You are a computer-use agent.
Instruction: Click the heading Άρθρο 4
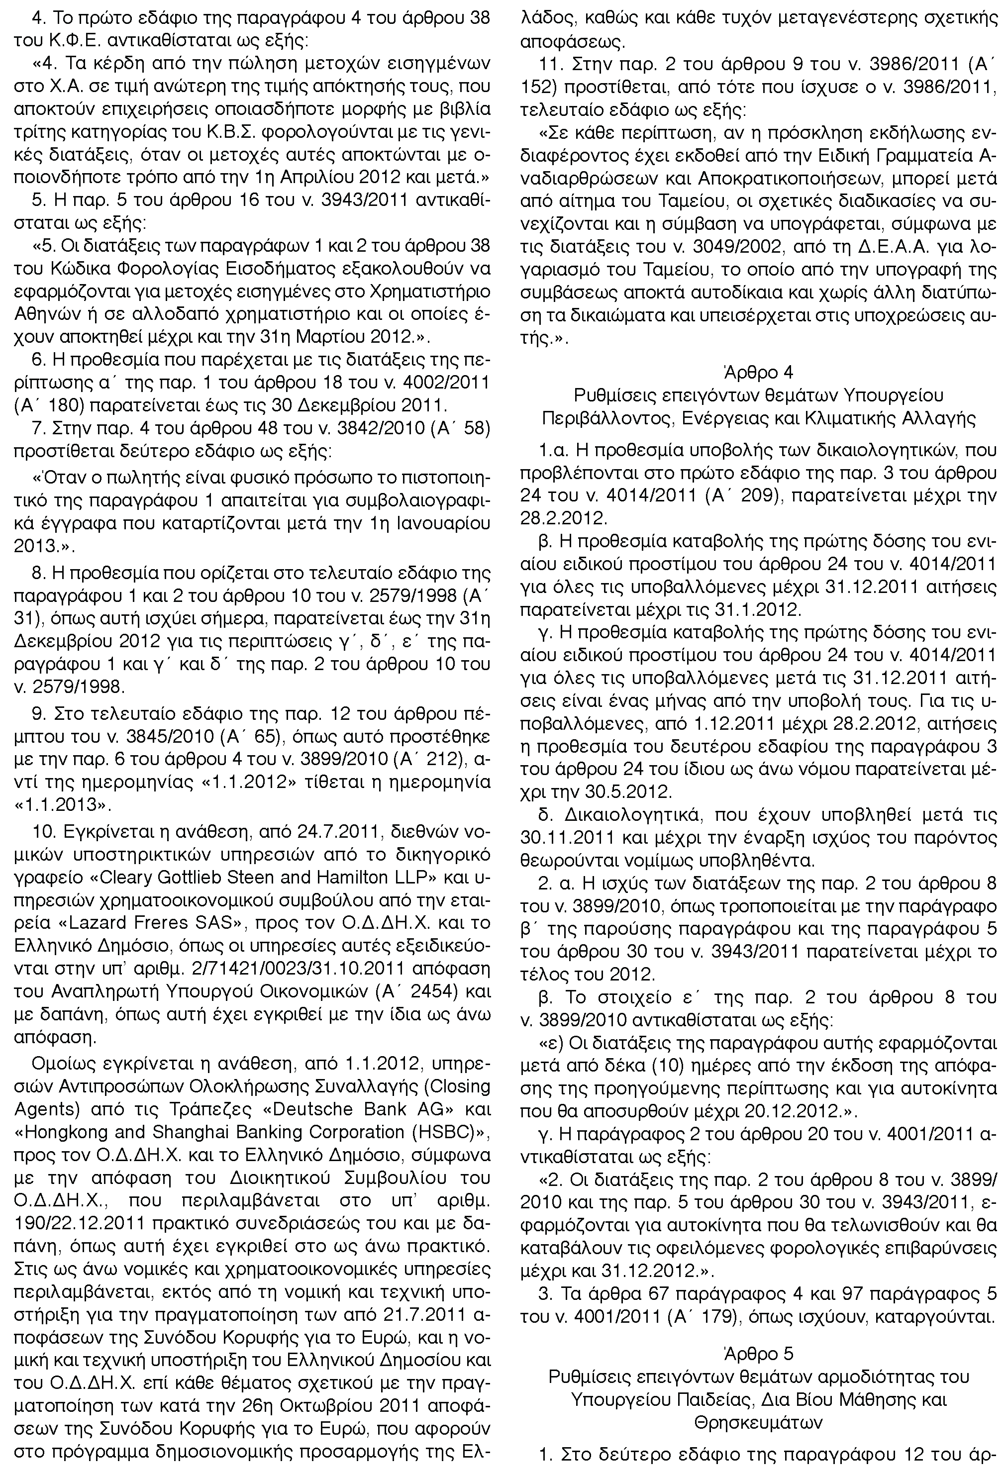pyautogui.click(x=758, y=372)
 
